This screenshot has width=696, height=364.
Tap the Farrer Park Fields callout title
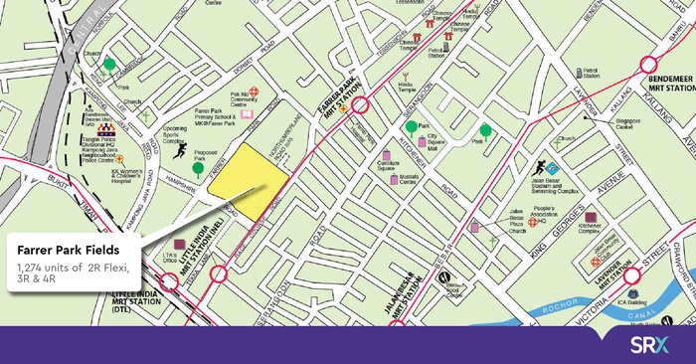[69, 249]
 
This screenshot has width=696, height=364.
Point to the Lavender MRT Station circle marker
[629, 275]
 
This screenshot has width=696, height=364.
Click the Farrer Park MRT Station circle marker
[360, 104]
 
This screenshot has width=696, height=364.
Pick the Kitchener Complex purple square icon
[592, 218]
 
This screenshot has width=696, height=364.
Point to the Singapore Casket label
[626, 123]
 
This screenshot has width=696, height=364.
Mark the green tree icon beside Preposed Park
[199, 170]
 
